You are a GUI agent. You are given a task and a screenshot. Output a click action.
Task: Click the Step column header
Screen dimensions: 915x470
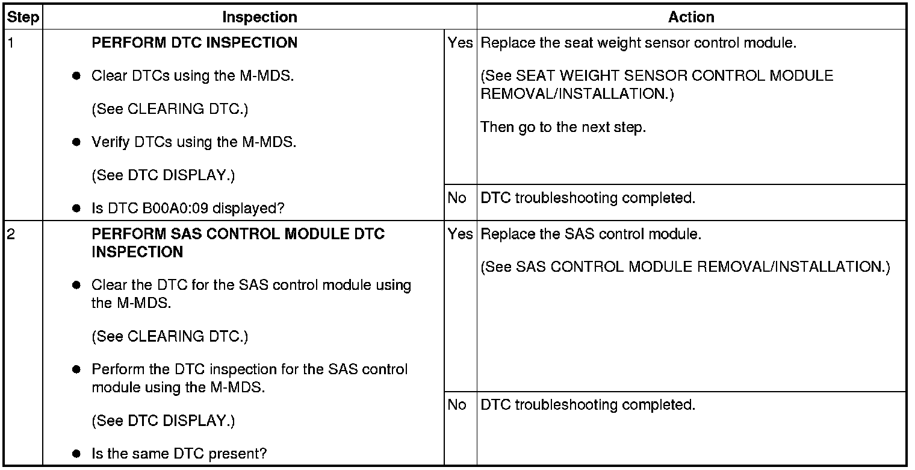click(23, 17)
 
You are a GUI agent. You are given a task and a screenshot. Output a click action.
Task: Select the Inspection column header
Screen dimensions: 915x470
click(259, 17)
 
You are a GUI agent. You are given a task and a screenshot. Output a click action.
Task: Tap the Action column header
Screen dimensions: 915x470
click(691, 17)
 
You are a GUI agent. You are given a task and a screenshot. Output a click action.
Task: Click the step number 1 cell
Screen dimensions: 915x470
click(10, 43)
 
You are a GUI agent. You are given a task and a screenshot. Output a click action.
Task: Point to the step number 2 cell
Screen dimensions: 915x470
click(10, 234)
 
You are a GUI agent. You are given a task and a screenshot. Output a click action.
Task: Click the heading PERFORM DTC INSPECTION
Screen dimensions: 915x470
click(194, 43)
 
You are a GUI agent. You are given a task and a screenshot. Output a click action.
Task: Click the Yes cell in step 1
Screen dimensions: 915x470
click(460, 43)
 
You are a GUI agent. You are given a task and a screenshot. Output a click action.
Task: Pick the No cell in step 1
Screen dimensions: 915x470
click(457, 198)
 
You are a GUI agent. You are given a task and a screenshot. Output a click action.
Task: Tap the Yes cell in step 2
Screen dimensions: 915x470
click(460, 234)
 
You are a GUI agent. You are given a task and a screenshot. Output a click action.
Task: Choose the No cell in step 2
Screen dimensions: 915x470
click(457, 405)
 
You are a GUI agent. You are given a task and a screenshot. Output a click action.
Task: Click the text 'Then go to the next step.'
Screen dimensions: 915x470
click(563, 128)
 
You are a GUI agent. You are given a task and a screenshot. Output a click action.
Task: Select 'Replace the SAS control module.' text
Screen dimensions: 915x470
click(591, 234)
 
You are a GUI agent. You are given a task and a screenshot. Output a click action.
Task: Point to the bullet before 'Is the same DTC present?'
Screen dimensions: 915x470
click(76, 454)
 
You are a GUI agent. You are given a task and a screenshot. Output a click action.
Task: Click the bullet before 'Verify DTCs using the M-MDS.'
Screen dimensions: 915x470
click(76, 143)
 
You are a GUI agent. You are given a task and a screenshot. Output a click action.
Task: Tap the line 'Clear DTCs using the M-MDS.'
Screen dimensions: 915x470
click(193, 77)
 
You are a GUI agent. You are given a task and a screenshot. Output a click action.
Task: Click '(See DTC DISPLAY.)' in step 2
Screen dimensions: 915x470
click(163, 421)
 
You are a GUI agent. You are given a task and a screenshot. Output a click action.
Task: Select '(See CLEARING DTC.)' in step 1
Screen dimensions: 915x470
click(170, 110)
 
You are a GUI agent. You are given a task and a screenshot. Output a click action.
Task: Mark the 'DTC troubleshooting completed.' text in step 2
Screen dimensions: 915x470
click(588, 405)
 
